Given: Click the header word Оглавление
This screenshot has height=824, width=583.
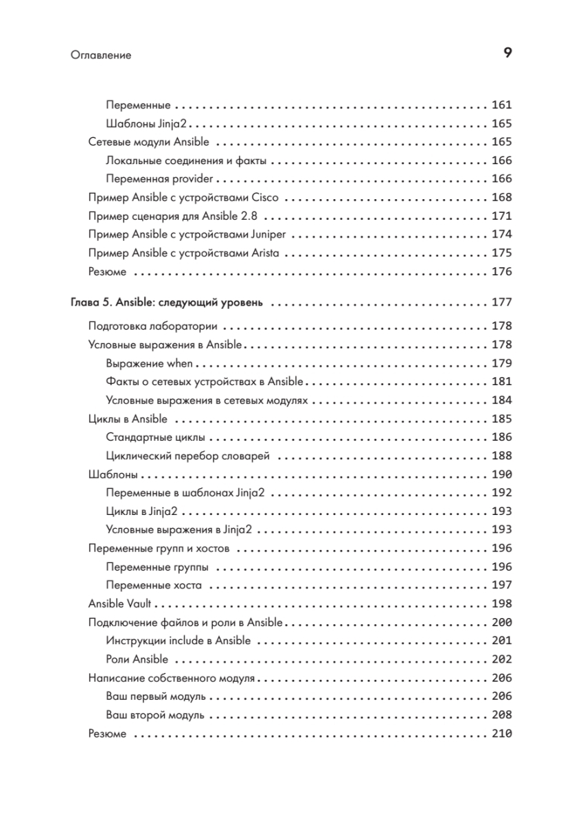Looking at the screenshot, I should point(100,56).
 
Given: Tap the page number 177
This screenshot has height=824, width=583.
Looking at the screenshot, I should point(502,303).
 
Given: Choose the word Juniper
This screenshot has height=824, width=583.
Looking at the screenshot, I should point(272,234).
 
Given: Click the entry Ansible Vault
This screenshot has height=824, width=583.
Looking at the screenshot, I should point(120,604).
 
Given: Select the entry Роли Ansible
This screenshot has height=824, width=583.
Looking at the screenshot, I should point(137,659).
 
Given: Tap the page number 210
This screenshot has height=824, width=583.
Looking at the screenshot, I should point(502,733).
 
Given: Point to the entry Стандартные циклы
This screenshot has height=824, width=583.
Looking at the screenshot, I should point(157,437).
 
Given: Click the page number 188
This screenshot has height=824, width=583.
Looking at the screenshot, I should point(502,456).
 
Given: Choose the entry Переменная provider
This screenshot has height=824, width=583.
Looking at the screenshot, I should point(160,179).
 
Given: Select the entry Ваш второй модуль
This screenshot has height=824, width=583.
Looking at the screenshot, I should point(155,715).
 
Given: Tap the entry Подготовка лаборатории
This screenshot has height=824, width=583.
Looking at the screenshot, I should point(153,326).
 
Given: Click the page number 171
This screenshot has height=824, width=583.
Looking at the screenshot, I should point(502,216).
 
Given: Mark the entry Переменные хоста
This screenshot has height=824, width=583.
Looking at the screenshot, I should point(154,586).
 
